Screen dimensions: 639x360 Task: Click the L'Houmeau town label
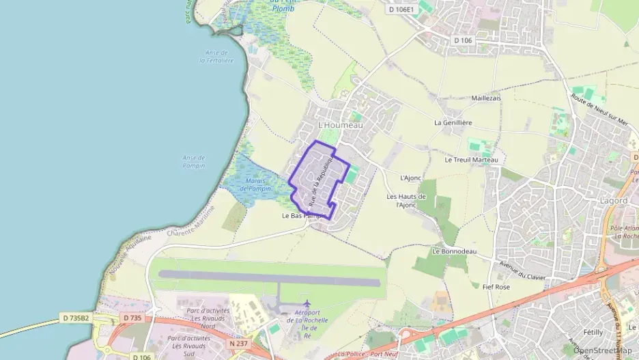pyautogui.click(x=341, y=126)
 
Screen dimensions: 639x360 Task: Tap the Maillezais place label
pyautogui.click(x=485, y=98)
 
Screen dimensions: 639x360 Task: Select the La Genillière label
pyautogui.click(x=453, y=123)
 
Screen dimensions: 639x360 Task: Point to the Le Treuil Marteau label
pyautogui.click(x=471, y=160)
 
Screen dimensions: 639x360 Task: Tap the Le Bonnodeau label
pyautogui.click(x=454, y=251)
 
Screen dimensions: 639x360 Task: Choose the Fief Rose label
pyautogui.click(x=496, y=287)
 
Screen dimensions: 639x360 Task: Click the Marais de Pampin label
pyautogui.click(x=256, y=184)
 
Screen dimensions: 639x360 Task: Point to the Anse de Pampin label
pyautogui.click(x=194, y=162)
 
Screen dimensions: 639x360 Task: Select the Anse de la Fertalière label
pyautogui.click(x=216, y=57)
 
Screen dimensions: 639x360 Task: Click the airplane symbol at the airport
pyautogui.click(x=307, y=303)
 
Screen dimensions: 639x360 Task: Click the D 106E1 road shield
pyautogui.click(x=402, y=10)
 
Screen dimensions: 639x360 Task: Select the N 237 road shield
pyautogui.click(x=238, y=343)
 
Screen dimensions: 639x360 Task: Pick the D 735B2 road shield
pyautogui.click(x=76, y=318)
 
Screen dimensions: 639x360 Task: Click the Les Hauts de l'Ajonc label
pyautogui.click(x=407, y=201)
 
